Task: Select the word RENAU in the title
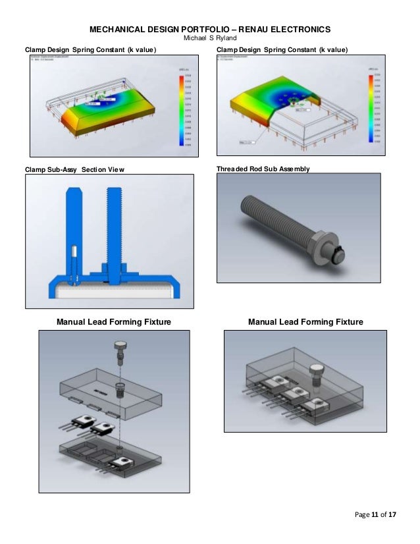pos(273,30)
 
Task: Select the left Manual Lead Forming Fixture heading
pos(114,322)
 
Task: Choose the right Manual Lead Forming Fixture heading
pos(305,322)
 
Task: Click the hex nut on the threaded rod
pos(323,243)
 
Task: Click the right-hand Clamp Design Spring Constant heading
pos(282,50)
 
